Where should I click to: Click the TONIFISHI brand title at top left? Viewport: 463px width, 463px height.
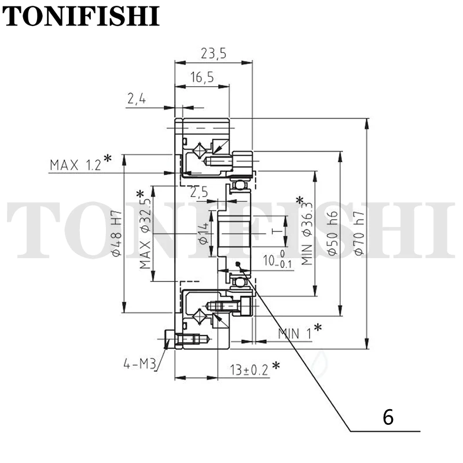point(81,16)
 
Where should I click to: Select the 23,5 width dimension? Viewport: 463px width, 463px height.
point(214,54)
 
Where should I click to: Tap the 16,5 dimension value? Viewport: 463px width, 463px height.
point(202,77)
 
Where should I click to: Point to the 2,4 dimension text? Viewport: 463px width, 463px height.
point(137,98)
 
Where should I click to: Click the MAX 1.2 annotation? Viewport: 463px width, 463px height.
point(76,165)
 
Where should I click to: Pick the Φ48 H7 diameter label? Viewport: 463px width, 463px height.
point(117,233)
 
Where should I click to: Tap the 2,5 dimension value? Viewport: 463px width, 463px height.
point(199,192)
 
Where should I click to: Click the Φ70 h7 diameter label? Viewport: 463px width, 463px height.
point(359,233)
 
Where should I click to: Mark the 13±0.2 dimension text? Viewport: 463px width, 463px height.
point(249,370)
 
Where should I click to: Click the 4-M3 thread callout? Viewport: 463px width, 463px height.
point(139,365)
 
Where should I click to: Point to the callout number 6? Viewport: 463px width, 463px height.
point(388,417)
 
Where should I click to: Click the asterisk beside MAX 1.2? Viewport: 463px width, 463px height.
point(108,158)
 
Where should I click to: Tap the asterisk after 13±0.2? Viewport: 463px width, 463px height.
point(276,366)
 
